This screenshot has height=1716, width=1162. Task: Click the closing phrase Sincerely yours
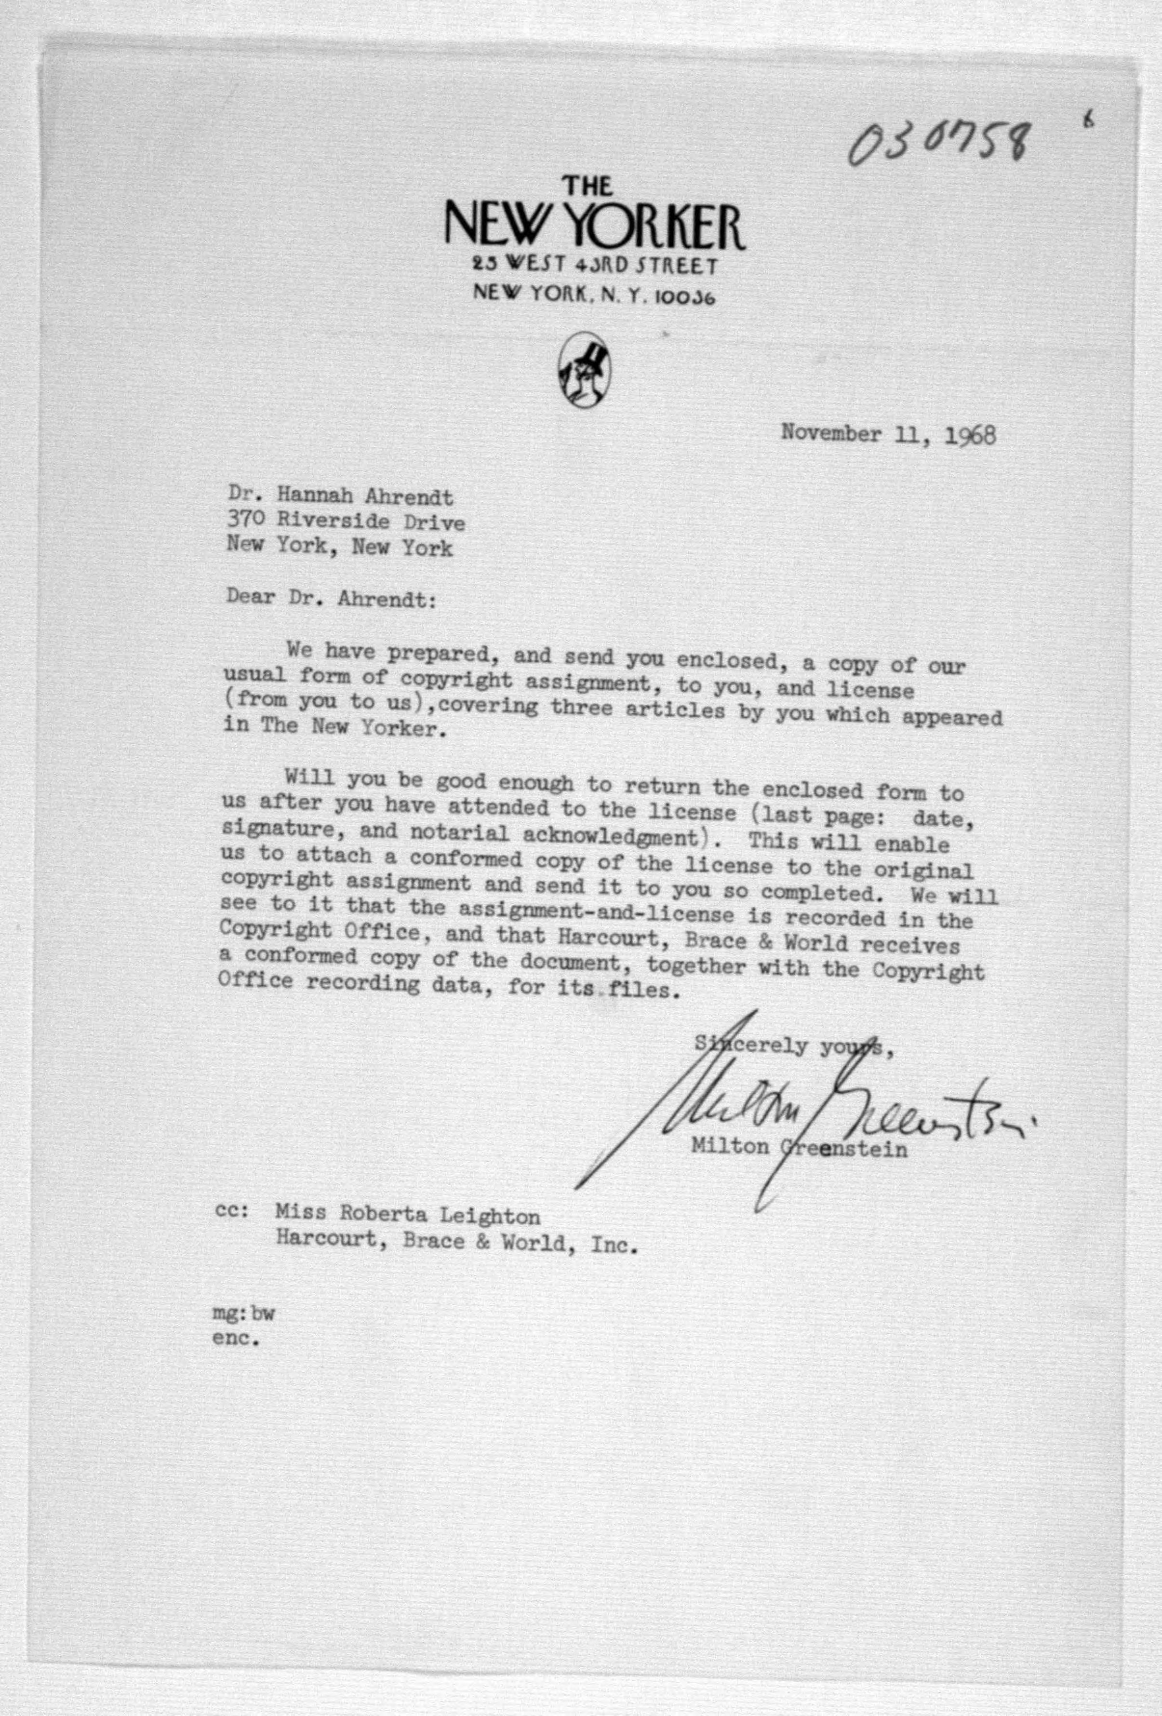point(794,1046)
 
